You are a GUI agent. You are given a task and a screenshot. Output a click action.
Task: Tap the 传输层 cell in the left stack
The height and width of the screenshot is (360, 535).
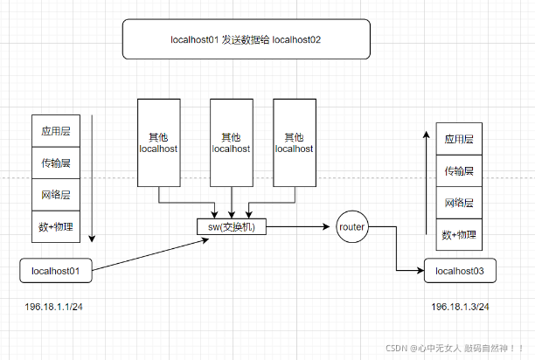coord(56,163)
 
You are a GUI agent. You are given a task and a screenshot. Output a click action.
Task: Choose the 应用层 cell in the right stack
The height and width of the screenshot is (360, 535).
coord(459,139)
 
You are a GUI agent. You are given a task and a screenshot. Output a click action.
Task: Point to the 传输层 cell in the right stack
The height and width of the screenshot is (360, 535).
coord(459,170)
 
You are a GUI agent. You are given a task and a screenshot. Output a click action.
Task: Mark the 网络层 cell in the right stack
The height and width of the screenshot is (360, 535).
coord(459,203)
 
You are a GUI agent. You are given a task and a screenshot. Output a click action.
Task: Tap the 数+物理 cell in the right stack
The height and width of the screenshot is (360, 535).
coord(459,234)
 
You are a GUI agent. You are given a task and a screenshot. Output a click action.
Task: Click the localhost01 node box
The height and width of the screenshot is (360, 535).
coord(56,271)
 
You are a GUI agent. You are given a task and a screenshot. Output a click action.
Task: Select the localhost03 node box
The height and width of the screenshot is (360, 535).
coord(460,271)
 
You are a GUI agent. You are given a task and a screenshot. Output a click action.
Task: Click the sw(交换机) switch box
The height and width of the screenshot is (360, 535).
coord(232,227)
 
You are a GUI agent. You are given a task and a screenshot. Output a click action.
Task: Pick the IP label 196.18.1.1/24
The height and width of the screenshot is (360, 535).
coord(54,308)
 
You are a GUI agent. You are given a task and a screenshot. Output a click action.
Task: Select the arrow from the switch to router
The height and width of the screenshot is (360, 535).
coord(299,227)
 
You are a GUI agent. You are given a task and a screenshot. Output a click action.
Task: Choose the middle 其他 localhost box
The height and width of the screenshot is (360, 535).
coord(232,142)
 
